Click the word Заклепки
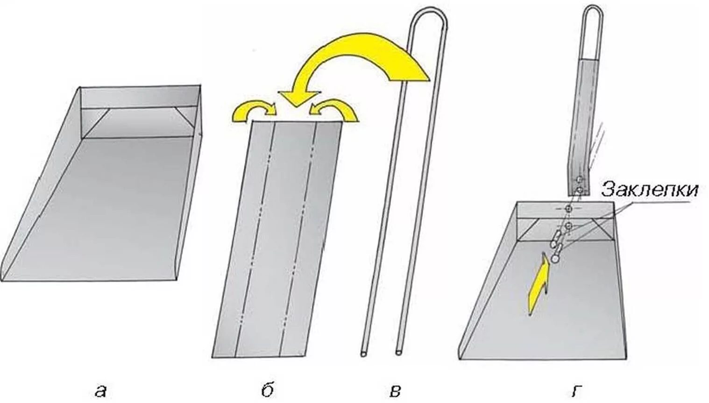[x=650, y=190]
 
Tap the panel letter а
[x=99, y=390]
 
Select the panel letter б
[x=267, y=390]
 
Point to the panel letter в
[x=395, y=390]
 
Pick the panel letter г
[x=575, y=390]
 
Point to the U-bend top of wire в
[x=429, y=14]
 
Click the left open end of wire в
[x=364, y=354]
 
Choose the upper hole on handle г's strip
[x=579, y=179]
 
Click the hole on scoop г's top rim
[x=568, y=208]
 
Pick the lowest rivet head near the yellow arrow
[x=555, y=257]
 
